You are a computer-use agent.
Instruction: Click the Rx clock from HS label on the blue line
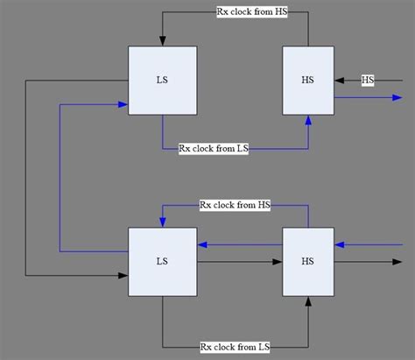pos(235,205)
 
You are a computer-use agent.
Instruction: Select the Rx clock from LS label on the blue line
pos(214,149)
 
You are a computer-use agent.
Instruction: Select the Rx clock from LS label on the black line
pos(235,346)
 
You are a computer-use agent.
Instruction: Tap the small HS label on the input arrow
pos(368,81)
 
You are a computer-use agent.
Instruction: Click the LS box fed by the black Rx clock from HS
pos(162,81)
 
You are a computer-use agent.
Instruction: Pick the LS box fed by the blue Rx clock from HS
pos(162,261)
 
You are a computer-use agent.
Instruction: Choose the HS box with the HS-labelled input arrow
pos(307,81)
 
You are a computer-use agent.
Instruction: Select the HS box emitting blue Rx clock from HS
pos(307,261)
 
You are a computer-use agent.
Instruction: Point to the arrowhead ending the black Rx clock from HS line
pos(162,41)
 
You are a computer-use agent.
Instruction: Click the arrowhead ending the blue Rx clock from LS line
pos(307,119)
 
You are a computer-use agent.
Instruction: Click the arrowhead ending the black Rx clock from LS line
pos(307,301)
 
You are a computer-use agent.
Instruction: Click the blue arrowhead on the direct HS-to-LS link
pos(201,244)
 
